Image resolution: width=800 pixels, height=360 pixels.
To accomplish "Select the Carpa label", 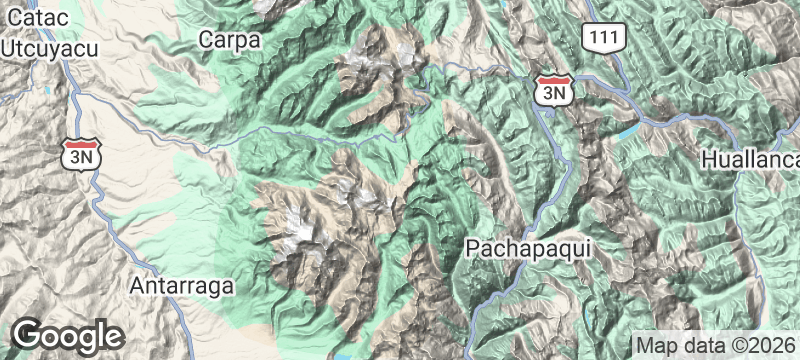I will pos(229,40).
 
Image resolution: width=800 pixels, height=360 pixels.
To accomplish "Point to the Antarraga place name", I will pos(182,286).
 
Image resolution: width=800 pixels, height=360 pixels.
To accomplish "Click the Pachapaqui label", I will pos(516,246).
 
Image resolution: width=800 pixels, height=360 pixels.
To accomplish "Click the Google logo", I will pos(67,335).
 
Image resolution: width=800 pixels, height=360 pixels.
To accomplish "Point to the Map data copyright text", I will pos(716,345).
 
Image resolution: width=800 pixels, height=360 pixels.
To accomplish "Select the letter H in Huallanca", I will pos(709,160).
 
